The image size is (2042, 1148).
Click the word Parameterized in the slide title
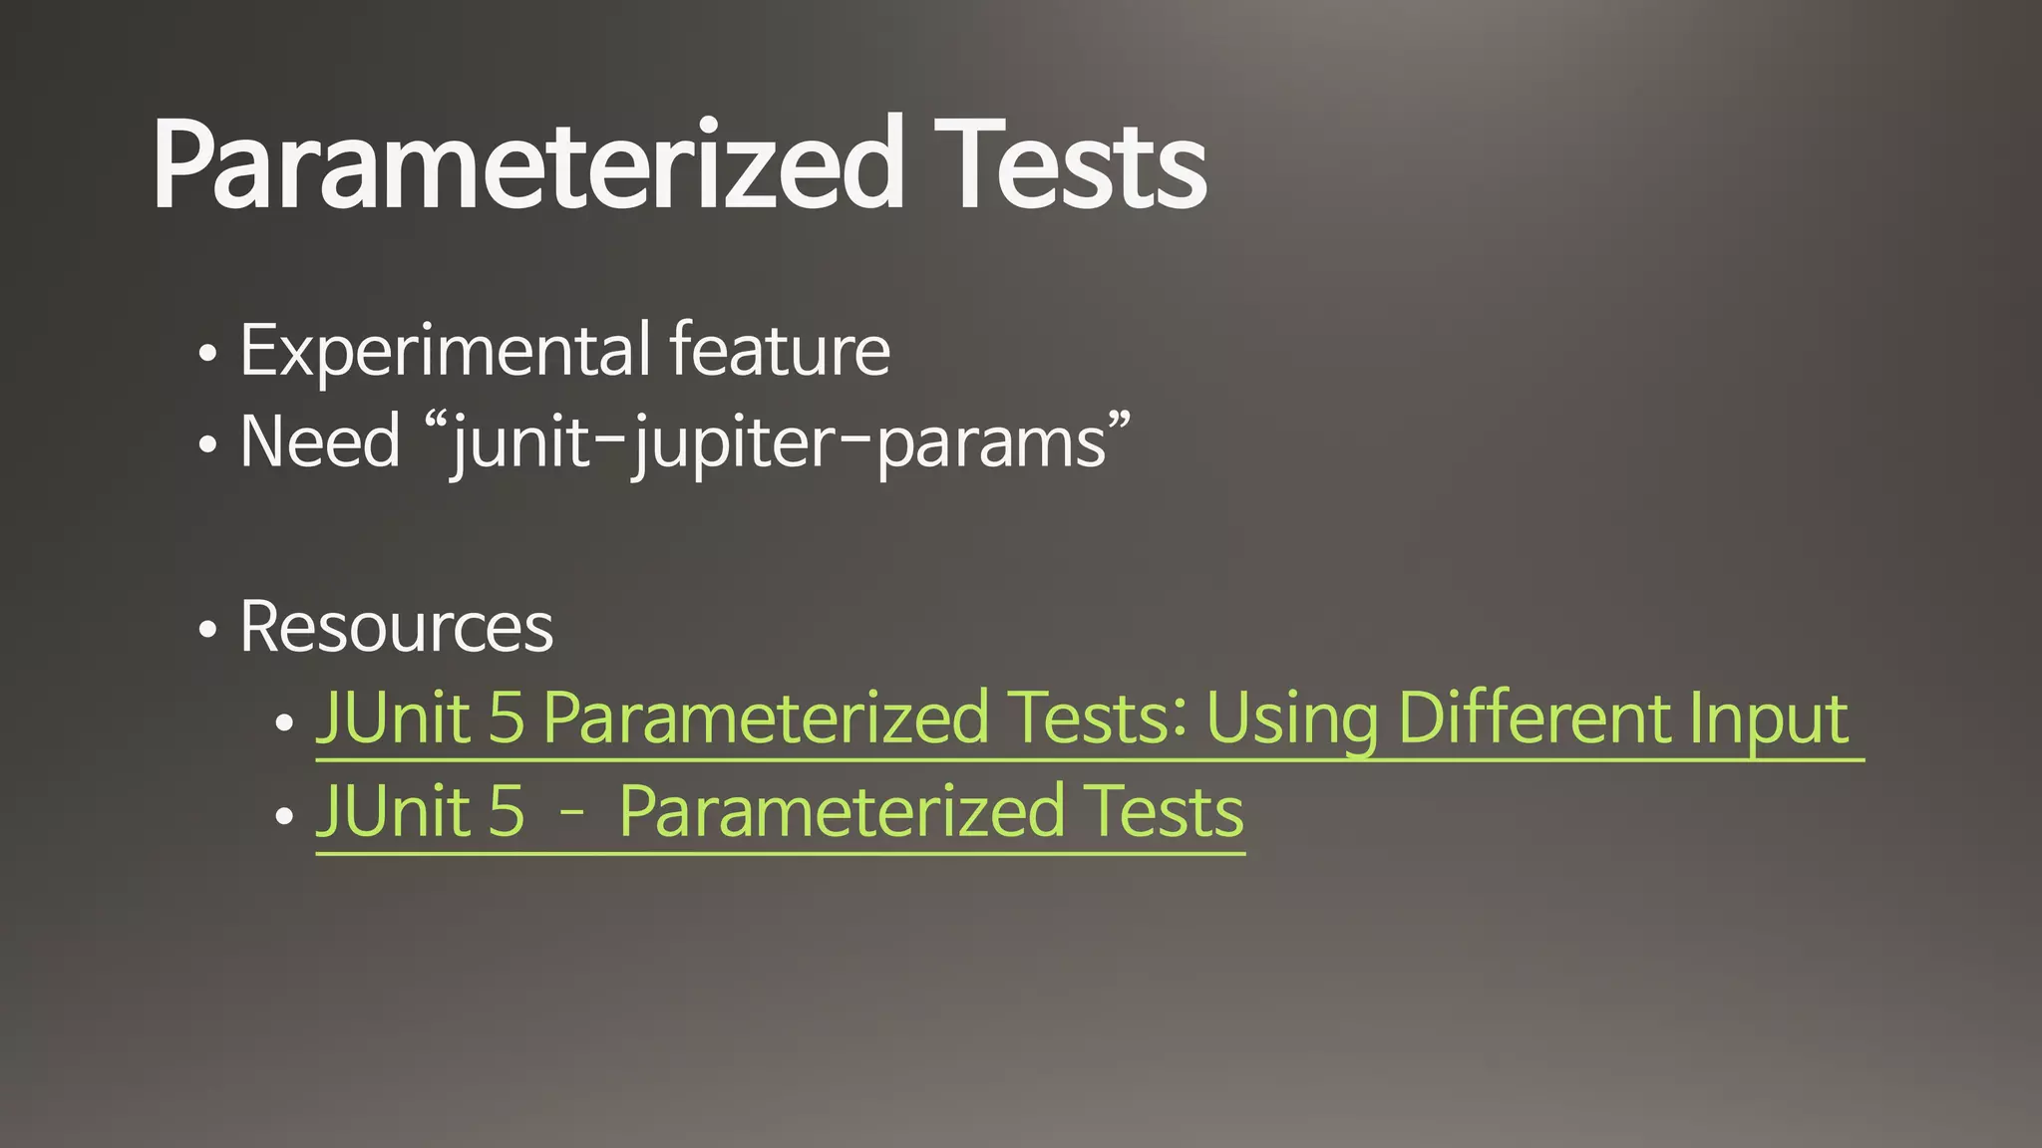(x=528, y=164)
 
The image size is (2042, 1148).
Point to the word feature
(x=780, y=351)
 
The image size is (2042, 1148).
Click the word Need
(x=320, y=441)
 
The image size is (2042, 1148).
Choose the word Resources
(x=396, y=627)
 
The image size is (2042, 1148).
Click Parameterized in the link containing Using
(x=765, y=718)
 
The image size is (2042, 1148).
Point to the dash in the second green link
(x=571, y=813)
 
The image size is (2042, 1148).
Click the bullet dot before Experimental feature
(x=207, y=354)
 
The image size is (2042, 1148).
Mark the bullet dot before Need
(x=207, y=445)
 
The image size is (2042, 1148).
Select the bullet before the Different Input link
(x=284, y=722)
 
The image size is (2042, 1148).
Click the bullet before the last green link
(x=284, y=815)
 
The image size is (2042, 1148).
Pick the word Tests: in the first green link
(x=1097, y=718)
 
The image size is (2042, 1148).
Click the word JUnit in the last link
(x=393, y=811)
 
